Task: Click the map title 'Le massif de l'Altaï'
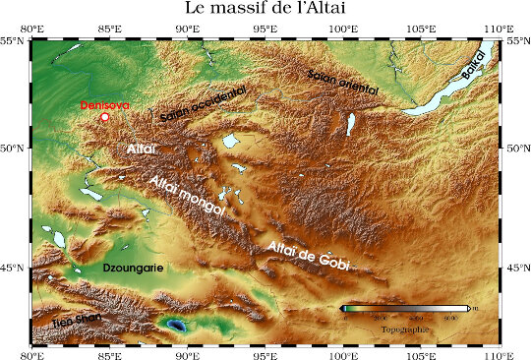click(x=265, y=9)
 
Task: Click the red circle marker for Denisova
click(x=105, y=117)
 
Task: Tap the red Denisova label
click(x=104, y=104)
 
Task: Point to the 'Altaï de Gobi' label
click(x=306, y=253)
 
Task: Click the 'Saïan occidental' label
click(x=204, y=102)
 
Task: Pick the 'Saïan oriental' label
click(x=342, y=75)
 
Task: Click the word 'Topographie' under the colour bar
click(x=404, y=329)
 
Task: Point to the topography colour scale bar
click(x=404, y=309)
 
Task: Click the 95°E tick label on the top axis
click(x=265, y=28)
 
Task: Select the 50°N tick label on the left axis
click(x=19, y=149)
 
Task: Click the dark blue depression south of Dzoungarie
click(x=175, y=324)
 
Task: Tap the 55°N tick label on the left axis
click(x=19, y=41)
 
